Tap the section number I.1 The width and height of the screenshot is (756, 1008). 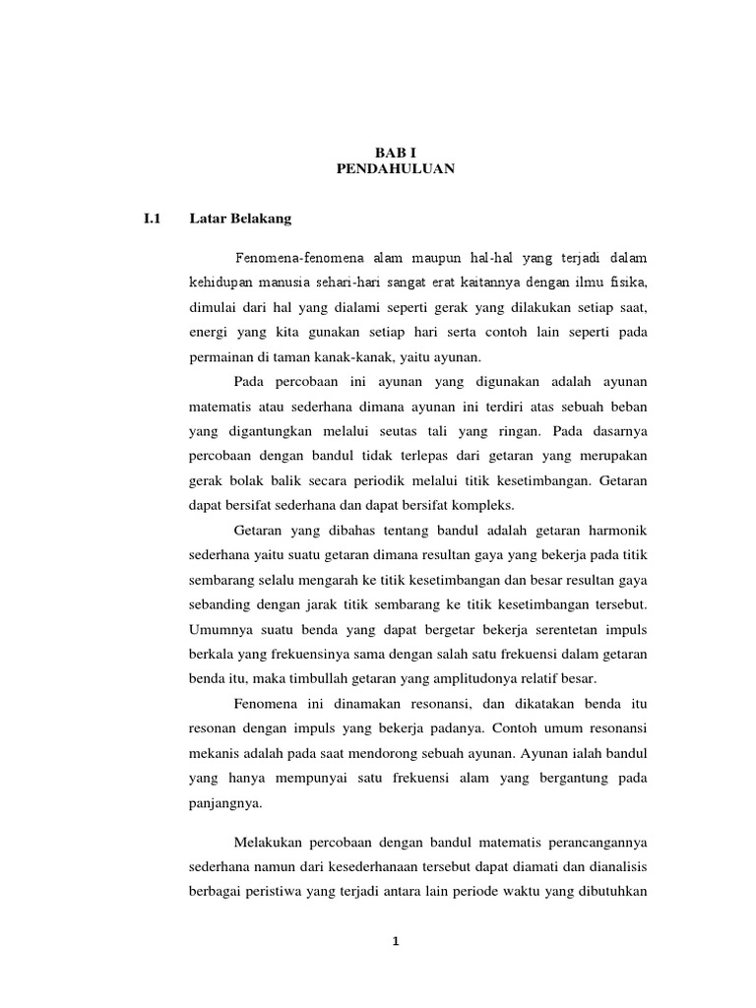tap(151, 218)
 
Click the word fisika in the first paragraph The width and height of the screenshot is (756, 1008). tap(628, 283)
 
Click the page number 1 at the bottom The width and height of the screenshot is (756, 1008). tap(396, 941)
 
